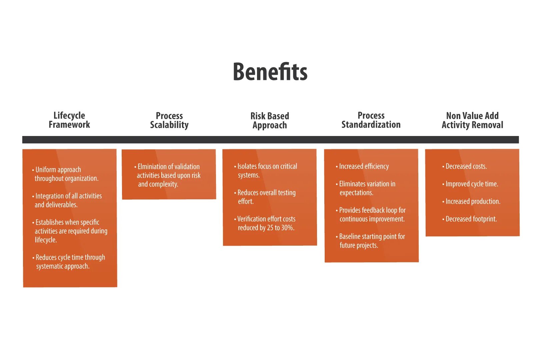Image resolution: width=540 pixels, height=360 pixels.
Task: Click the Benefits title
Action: click(270, 72)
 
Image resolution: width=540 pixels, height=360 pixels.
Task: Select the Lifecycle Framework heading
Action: click(69, 120)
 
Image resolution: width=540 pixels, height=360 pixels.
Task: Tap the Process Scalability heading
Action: click(169, 120)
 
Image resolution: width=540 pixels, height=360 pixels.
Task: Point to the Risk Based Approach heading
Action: click(270, 121)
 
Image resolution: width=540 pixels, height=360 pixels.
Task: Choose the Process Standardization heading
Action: click(371, 120)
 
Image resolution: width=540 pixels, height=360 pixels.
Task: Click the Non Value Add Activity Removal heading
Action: click(472, 120)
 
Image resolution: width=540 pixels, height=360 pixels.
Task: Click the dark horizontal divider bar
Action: click(270, 140)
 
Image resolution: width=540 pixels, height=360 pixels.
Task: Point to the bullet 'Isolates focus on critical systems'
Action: click(267, 171)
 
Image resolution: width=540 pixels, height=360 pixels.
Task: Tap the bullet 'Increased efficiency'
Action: click(363, 166)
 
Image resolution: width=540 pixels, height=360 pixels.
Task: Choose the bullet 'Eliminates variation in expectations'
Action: click(367, 188)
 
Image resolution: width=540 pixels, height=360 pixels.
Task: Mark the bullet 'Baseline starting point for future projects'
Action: click(371, 241)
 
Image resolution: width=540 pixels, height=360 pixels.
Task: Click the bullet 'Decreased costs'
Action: click(466, 166)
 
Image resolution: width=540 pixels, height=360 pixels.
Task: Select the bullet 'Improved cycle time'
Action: click(471, 184)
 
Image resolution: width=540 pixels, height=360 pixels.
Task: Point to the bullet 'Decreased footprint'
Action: click(471, 219)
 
